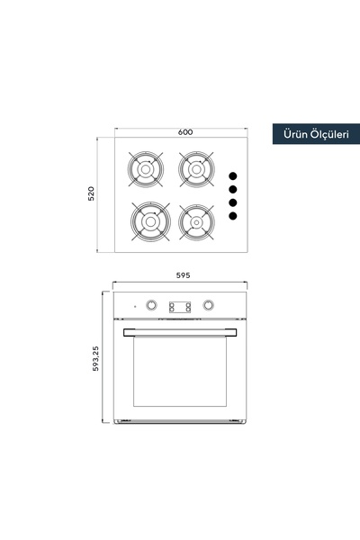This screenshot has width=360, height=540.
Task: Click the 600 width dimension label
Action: [185, 132]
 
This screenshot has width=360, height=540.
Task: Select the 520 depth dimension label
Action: [91, 193]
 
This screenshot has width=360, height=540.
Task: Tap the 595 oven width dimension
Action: [183, 275]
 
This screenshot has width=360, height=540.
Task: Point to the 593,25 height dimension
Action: [95, 358]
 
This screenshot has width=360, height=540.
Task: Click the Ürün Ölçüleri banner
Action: [316, 134]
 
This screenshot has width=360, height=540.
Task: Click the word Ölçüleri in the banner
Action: [329, 133]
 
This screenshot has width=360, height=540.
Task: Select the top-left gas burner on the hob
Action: [146, 169]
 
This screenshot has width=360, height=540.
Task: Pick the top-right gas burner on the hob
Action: [196, 169]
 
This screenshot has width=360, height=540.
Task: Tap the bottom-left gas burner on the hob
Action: [150, 221]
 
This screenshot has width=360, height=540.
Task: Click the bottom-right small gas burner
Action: [196, 222]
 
